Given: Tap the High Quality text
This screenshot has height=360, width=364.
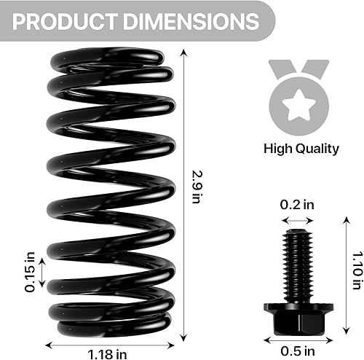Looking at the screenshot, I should [x=301, y=149].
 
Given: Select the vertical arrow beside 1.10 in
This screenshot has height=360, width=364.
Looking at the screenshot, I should [x=344, y=270].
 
